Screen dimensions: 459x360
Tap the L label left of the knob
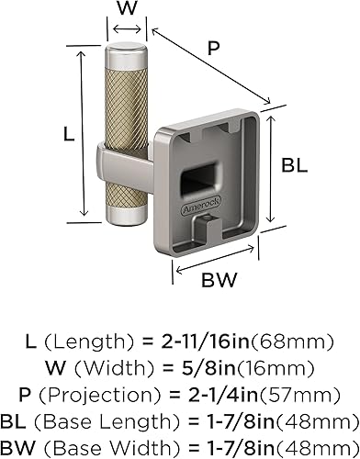point(68,133)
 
